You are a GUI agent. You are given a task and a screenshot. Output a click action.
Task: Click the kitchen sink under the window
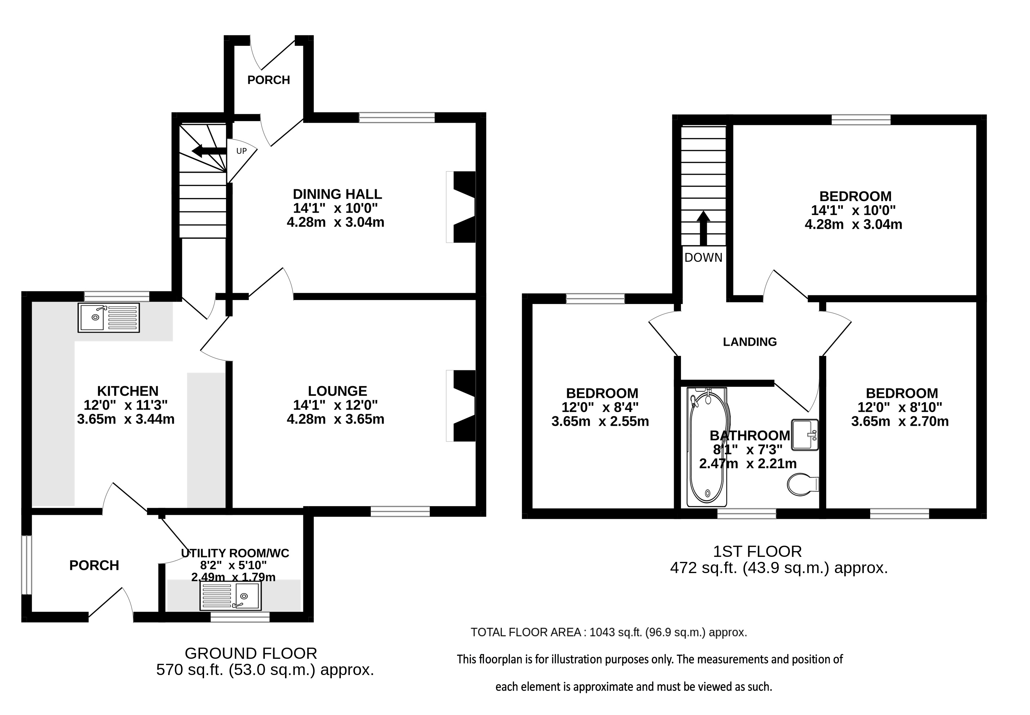[x=109, y=317]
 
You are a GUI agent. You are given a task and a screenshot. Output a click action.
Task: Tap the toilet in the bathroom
[x=803, y=484]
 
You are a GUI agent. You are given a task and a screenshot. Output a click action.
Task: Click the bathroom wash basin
[x=805, y=434]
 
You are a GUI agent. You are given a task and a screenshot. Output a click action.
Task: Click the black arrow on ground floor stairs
[x=209, y=151]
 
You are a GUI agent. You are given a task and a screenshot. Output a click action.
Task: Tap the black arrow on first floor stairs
[x=704, y=228]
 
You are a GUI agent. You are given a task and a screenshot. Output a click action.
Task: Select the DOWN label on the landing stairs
[x=704, y=258]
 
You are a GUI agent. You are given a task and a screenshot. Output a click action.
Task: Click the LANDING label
[x=750, y=342]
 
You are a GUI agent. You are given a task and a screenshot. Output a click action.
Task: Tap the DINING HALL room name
[x=337, y=194]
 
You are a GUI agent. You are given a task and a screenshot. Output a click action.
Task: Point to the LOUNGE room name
[x=337, y=391]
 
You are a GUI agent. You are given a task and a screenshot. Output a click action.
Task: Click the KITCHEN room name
[x=127, y=391]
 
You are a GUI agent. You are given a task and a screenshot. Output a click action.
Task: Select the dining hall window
[x=397, y=118]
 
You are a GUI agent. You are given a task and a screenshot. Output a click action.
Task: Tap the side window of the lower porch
[x=27, y=565]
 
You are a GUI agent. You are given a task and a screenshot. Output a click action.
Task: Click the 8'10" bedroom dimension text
[x=922, y=407]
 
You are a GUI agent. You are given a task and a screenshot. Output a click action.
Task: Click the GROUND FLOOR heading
[x=251, y=653]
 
